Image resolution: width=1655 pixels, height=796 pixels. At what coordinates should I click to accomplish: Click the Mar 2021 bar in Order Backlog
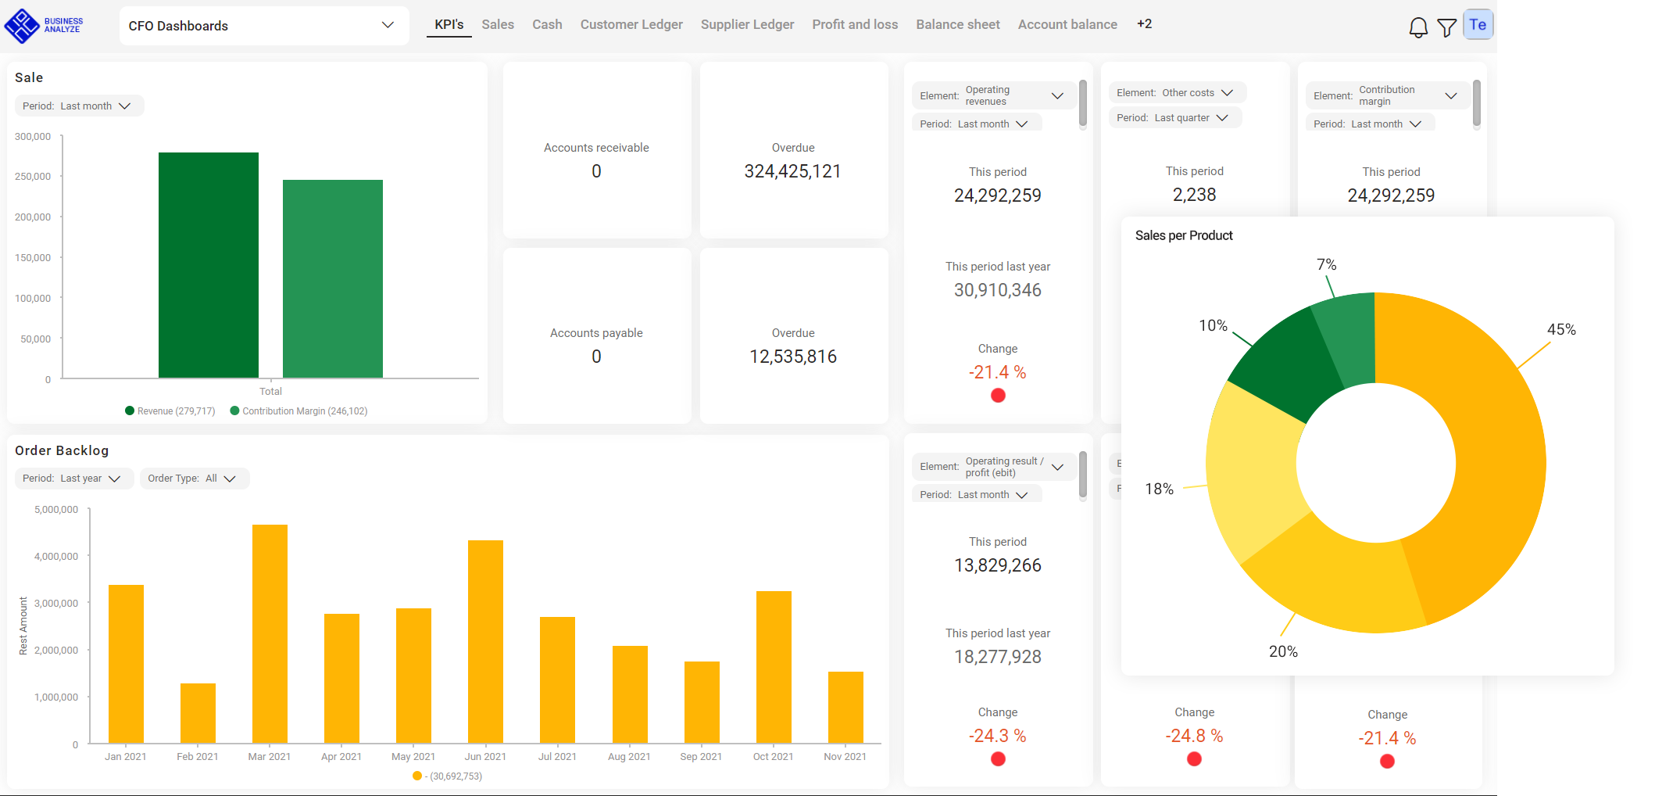[x=270, y=633]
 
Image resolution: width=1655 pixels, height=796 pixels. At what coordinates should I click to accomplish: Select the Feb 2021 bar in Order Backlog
[x=198, y=712]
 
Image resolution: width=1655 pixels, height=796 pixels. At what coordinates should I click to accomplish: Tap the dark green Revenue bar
[x=208, y=265]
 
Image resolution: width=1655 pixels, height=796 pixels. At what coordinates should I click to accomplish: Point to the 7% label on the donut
[x=1326, y=265]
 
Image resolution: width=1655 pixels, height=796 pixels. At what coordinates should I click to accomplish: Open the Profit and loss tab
[x=855, y=24]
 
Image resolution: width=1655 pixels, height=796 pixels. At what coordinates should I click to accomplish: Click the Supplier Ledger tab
[x=747, y=24]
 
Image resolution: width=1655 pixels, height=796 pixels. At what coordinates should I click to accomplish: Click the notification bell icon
[x=1417, y=27]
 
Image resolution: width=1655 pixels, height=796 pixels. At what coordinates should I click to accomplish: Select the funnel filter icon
[x=1446, y=27]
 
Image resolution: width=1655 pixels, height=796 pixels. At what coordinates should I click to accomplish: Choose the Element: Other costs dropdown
[x=1175, y=93]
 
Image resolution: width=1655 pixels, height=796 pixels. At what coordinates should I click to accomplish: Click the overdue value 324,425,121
[x=792, y=171]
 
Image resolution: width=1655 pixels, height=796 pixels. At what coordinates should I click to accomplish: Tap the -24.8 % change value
[x=1194, y=736]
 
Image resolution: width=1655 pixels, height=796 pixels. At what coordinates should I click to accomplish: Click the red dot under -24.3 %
[x=998, y=759]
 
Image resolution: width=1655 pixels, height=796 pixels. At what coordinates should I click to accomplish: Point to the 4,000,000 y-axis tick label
[x=56, y=557]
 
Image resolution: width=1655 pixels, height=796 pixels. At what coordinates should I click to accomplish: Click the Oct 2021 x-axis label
[x=773, y=757]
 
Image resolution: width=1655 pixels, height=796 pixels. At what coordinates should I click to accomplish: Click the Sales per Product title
[x=1183, y=235]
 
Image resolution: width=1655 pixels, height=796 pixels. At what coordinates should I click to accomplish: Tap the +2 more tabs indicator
[x=1144, y=24]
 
